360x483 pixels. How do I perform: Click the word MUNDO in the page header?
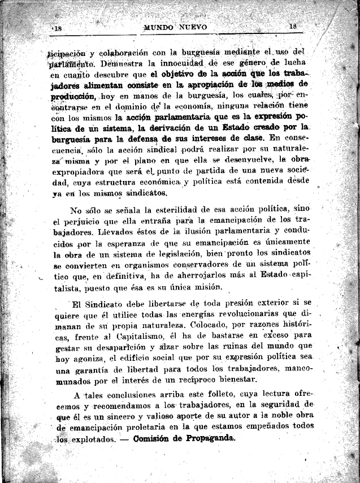(x=161, y=27)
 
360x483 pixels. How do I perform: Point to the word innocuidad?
(x=176, y=63)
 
